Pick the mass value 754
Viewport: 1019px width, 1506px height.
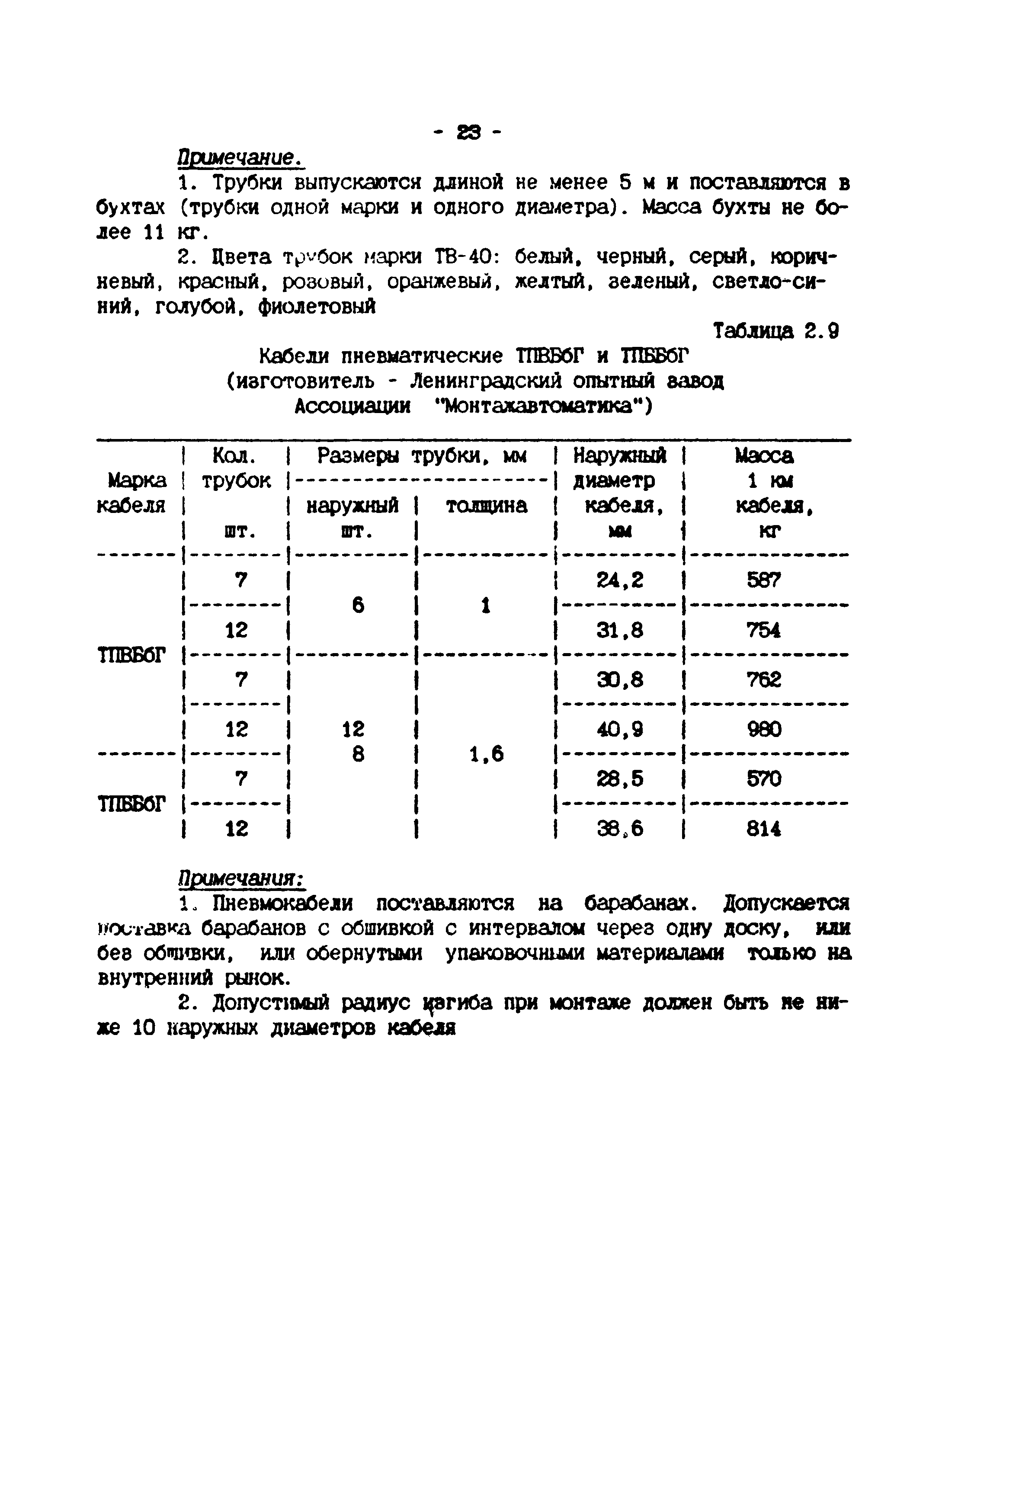pos(764,630)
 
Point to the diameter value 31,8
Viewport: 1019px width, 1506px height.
pos(620,630)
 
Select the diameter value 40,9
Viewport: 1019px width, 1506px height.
pos(620,730)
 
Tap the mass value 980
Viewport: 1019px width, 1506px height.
pos(764,730)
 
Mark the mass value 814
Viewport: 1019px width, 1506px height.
pos(764,829)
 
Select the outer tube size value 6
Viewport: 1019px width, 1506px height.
pos(358,605)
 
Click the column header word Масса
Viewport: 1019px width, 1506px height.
pos(764,456)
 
